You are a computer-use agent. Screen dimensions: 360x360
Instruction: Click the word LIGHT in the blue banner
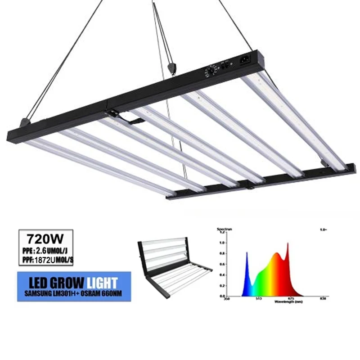(102, 283)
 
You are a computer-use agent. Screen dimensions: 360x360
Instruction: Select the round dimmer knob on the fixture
(211, 72)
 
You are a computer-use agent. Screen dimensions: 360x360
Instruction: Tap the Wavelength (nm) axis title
(288, 301)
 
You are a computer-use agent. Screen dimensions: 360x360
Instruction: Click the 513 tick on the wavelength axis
(259, 298)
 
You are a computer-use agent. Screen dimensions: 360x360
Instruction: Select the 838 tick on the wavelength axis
(322, 298)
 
